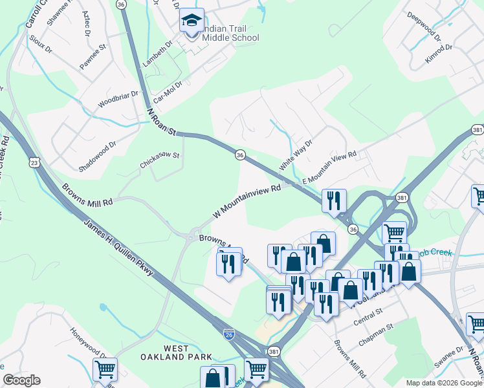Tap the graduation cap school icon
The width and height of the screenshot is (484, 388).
point(192,21)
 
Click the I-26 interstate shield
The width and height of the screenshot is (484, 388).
point(228,334)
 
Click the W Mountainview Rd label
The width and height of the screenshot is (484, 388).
point(248,202)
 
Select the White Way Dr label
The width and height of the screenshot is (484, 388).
point(296,154)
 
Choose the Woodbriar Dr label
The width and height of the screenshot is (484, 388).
point(118,99)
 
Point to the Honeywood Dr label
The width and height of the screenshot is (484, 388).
point(89,343)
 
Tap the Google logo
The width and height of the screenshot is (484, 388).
point(21,380)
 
